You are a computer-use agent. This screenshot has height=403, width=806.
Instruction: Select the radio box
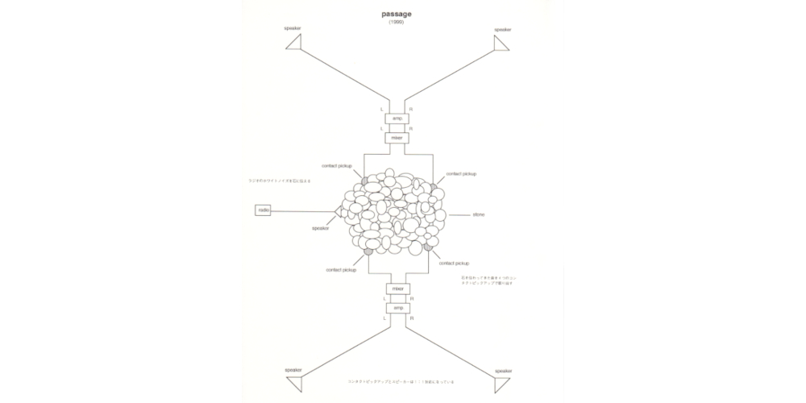click(264, 210)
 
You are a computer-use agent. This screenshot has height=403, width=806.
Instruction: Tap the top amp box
click(397, 118)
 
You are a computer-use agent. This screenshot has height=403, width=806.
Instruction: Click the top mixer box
click(397, 137)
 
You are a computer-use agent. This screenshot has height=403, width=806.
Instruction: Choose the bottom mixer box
click(397, 289)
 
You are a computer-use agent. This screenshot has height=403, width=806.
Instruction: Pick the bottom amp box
click(397, 308)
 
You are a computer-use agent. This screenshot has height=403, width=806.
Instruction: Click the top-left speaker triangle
click(293, 44)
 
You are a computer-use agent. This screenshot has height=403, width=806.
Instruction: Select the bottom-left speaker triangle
click(294, 381)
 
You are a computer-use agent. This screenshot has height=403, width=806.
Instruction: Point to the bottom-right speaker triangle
click(502, 381)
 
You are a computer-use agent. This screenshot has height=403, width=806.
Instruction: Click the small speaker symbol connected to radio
click(339, 211)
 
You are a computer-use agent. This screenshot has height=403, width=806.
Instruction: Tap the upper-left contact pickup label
click(336, 166)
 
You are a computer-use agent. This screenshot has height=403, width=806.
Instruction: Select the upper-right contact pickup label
click(461, 173)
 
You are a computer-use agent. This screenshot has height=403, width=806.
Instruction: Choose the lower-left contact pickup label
click(341, 269)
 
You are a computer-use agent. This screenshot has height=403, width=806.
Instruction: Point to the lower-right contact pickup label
click(454, 263)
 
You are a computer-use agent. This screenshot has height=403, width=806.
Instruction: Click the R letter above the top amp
click(411, 109)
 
